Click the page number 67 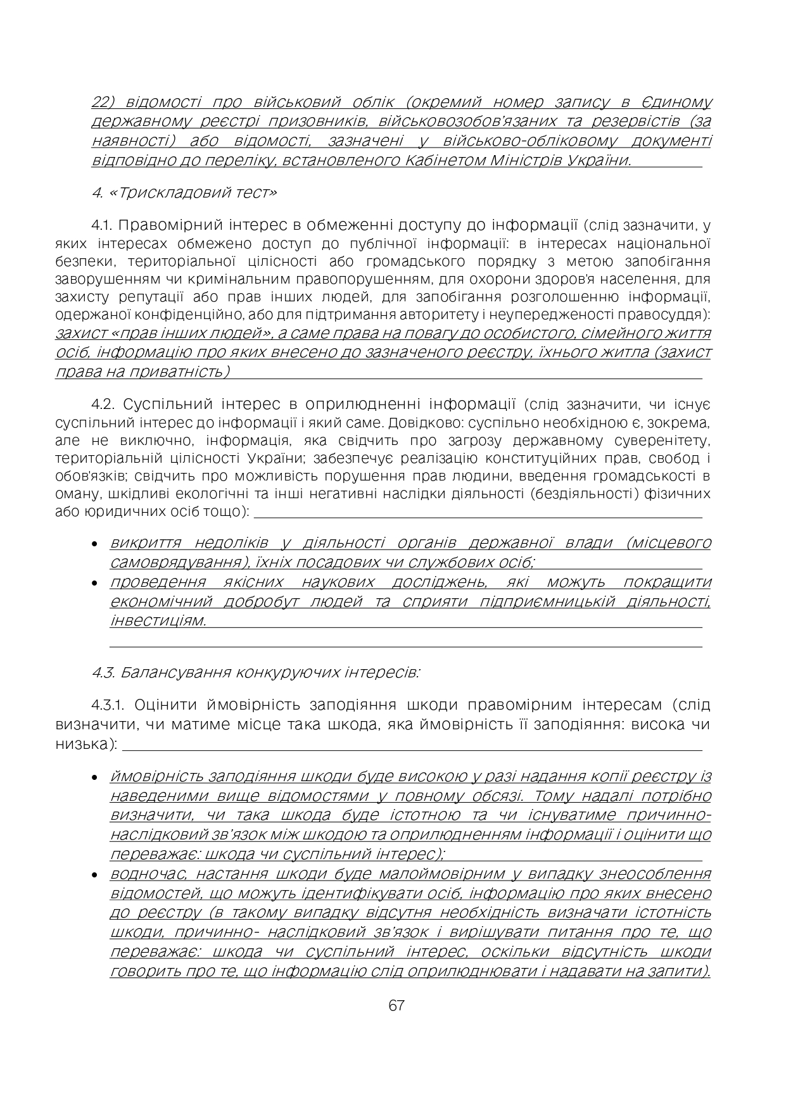coord(396,1006)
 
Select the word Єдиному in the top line coord(680,102)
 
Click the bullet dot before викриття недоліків coord(94,544)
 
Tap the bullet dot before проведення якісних coord(94,583)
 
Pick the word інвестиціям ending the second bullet coord(158,620)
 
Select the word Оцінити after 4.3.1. coord(165,705)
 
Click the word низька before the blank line coord(82,744)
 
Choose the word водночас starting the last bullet coord(148,874)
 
